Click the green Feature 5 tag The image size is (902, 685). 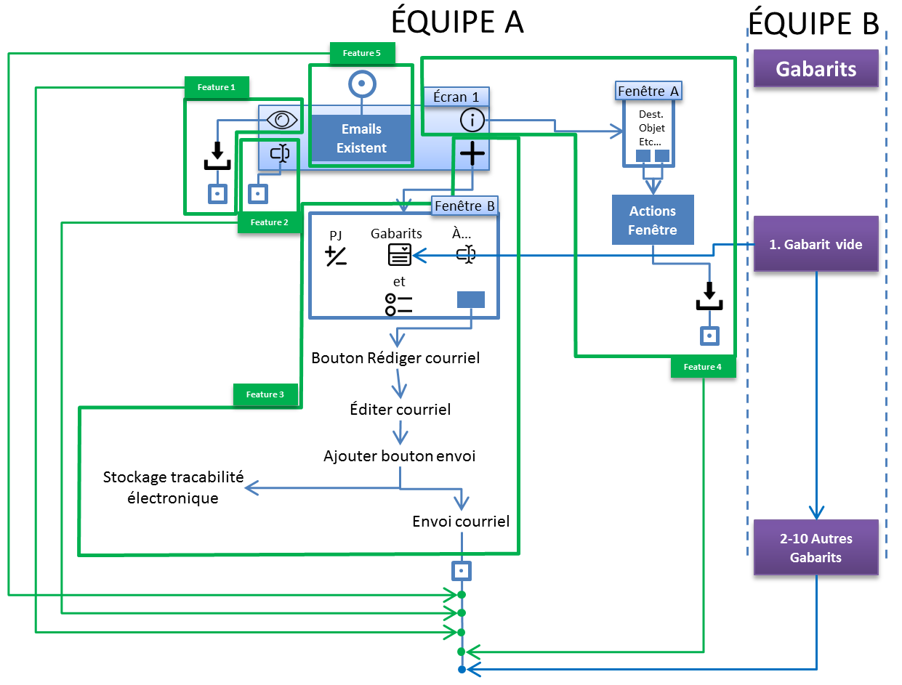click(362, 53)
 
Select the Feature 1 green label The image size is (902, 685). click(217, 87)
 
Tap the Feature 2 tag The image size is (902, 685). click(270, 222)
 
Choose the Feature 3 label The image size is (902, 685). click(265, 394)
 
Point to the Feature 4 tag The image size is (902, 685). click(704, 367)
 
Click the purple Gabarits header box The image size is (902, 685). click(816, 69)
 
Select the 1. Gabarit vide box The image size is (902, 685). click(816, 244)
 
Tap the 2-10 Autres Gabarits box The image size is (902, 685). click(816, 548)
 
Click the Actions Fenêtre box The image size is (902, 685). click(653, 220)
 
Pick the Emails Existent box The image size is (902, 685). click(361, 138)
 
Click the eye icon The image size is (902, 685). click(282, 120)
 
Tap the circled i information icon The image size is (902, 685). click(472, 119)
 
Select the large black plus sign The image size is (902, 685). click(472, 153)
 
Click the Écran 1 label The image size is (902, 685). click(456, 96)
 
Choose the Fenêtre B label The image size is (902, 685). click(464, 206)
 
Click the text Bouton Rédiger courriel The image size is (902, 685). click(395, 358)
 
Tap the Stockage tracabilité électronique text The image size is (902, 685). click(173, 487)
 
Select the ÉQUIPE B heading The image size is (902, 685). click(813, 24)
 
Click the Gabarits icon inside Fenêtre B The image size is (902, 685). click(399, 254)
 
